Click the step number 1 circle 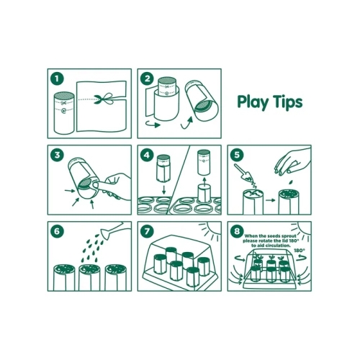click(x=57, y=78)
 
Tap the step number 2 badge click(x=147, y=78)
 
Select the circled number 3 click(x=57, y=155)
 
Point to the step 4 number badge click(x=147, y=155)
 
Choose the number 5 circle click(x=237, y=155)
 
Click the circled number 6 click(x=57, y=231)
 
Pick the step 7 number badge click(x=147, y=231)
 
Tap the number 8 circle click(x=237, y=231)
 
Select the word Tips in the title click(x=289, y=102)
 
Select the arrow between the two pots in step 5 click(x=270, y=200)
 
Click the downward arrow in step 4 click(x=164, y=189)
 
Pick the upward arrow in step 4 click(x=204, y=181)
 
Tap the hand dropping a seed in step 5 click(x=292, y=161)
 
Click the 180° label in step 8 click(x=300, y=251)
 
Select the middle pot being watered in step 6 click(x=89, y=277)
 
